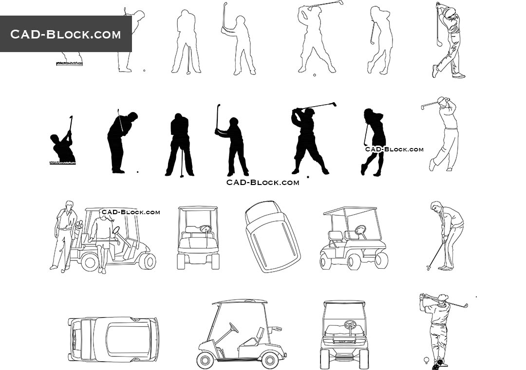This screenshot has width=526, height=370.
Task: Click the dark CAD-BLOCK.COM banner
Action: click(x=66, y=34)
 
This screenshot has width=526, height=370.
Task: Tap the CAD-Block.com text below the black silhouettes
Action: click(x=263, y=182)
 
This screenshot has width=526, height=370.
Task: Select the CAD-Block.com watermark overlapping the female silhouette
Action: click(x=394, y=149)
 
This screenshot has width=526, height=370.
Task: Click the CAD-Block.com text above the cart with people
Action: click(x=131, y=212)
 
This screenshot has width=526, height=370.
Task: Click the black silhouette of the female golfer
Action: click(x=373, y=141)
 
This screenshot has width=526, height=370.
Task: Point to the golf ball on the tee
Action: click(x=426, y=360)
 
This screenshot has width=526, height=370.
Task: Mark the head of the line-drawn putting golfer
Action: click(x=436, y=206)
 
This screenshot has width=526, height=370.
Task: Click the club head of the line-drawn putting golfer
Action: click(x=428, y=267)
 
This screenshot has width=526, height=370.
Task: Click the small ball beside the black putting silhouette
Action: click(x=137, y=172)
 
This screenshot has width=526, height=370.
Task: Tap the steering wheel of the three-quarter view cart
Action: click(x=360, y=230)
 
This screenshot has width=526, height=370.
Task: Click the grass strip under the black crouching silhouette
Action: click(x=62, y=163)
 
